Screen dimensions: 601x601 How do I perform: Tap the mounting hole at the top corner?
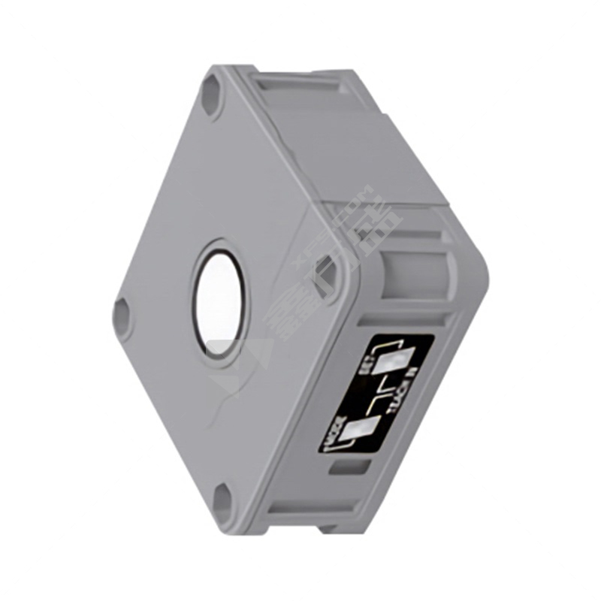(x=211, y=98)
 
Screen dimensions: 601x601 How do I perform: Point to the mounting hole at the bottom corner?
(x=223, y=500)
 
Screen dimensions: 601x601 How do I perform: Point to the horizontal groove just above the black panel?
(x=406, y=319)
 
